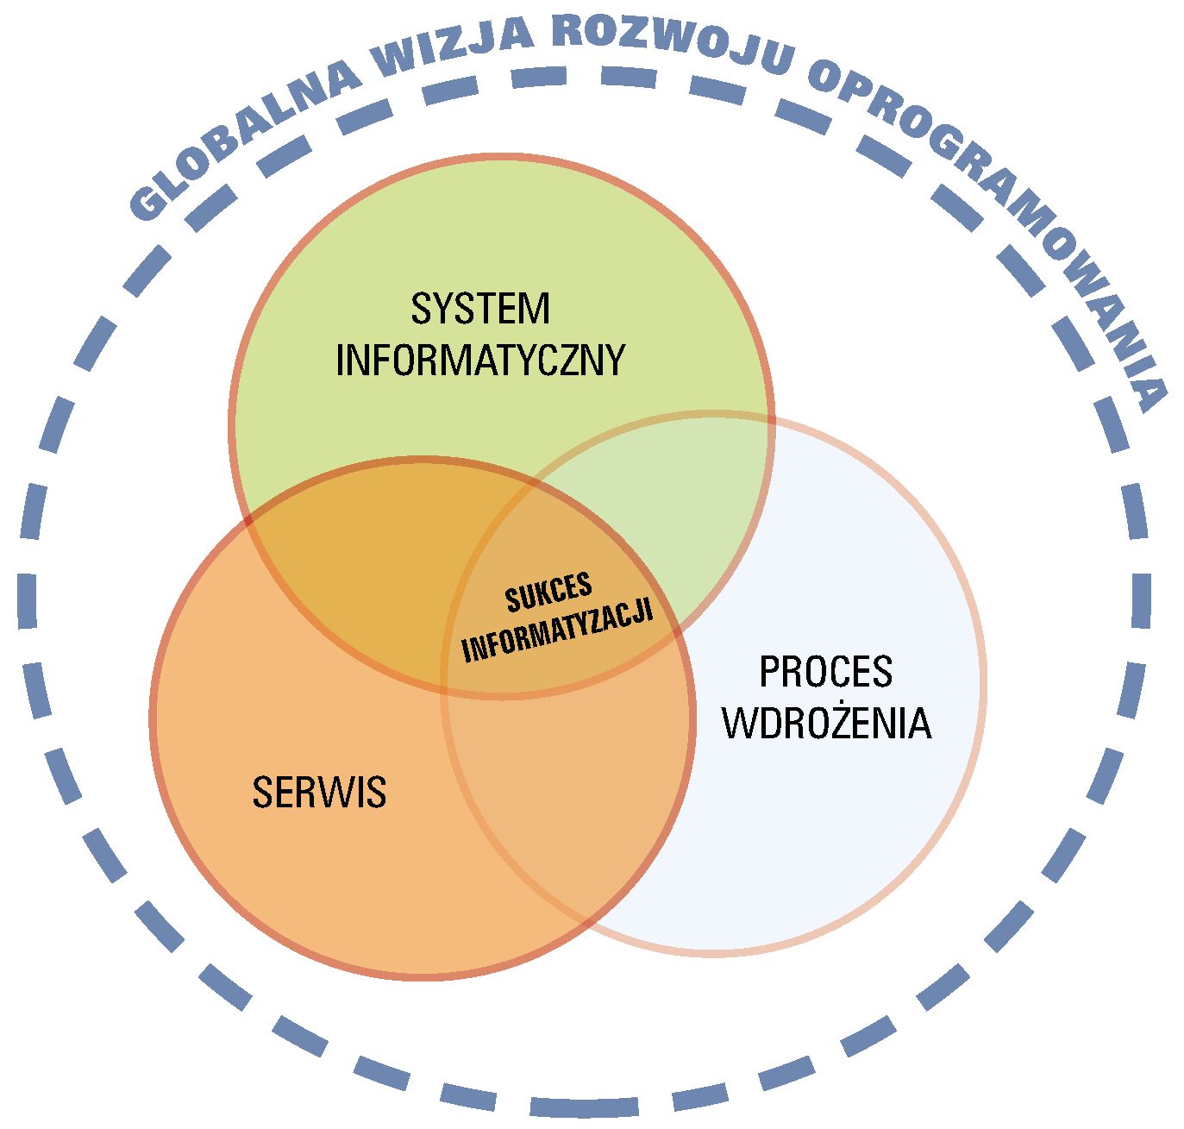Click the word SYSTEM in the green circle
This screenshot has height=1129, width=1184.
click(479, 310)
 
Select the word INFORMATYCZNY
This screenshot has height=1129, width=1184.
click(479, 361)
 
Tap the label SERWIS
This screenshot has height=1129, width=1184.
click(319, 793)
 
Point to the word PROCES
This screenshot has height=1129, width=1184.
click(825, 673)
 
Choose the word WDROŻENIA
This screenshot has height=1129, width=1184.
click(827, 724)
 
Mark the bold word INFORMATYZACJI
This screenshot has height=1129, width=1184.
click(557, 631)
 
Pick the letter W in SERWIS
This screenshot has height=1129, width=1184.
click(340, 793)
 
